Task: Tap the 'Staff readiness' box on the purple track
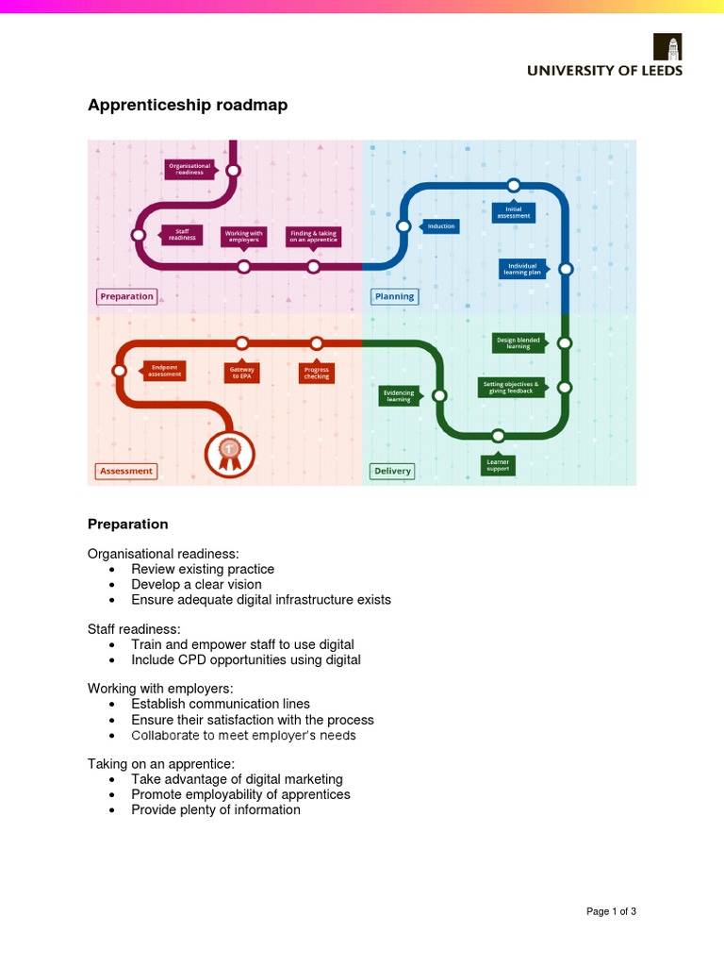[x=182, y=235]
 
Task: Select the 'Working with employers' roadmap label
[x=243, y=236]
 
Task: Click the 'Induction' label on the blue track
[x=440, y=226]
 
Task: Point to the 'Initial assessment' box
[x=514, y=212]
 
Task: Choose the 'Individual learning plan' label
[x=522, y=269]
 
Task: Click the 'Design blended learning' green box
[x=518, y=342]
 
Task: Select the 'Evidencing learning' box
[x=398, y=395]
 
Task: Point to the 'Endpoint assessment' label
[x=164, y=371]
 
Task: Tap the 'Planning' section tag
[x=394, y=296]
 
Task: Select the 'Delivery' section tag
[x=392, y=471]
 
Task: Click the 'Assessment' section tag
[x=126, y=471]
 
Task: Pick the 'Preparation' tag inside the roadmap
[x=126, y=296]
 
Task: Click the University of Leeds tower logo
[x=668, y=47]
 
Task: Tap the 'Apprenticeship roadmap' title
[x=188, y=106]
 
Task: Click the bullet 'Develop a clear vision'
[x=196, y=584]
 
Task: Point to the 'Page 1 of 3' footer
[x=611, y=911]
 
